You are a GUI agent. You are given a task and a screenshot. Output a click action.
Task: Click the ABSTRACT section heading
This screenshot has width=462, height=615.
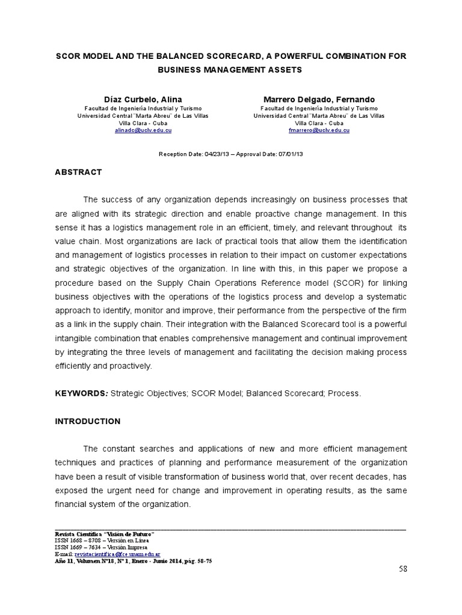pos(78,172)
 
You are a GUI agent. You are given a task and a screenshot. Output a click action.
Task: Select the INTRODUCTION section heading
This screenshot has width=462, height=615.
pos(88,422)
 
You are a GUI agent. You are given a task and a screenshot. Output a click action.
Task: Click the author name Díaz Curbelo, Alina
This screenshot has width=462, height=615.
pos(143,99)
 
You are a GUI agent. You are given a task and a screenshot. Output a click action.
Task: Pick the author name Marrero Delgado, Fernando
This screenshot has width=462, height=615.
pos(319,99)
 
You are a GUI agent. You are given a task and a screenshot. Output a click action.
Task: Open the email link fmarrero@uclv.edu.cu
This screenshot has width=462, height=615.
pos(319,130)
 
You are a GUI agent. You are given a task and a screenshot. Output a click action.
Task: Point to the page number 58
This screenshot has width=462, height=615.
pos(402,569)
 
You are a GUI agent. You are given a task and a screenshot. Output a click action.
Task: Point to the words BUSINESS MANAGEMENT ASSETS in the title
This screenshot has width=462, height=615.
pos(230,70)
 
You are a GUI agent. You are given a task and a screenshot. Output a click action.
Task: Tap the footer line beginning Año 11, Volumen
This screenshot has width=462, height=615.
pos(133,560)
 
